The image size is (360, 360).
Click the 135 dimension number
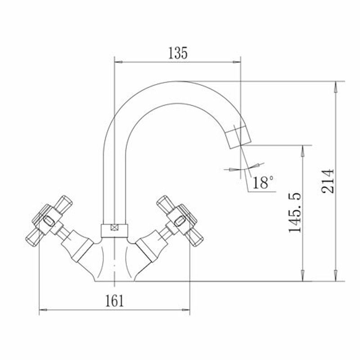point(178,53)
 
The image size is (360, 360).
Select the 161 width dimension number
point(114,301)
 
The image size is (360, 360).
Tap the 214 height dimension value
point(328,181)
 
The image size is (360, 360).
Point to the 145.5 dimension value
point(295,212)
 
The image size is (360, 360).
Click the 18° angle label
point(263,182)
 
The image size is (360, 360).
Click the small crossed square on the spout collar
point(114,227)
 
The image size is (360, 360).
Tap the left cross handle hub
point(49,221)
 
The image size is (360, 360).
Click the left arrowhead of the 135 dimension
point(118,62)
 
